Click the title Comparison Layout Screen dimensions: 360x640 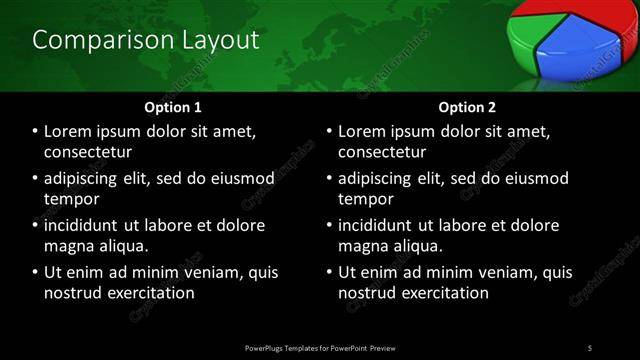pos(146,40)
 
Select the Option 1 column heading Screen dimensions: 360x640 pos(173,106)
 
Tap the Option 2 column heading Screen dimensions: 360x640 pos(467,106)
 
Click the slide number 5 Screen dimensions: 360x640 pos(590,347)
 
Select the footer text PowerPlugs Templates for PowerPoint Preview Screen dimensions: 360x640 pos(320,347)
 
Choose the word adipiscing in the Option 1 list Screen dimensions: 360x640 pos(87,179)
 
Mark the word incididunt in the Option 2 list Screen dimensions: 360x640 pos(382,225)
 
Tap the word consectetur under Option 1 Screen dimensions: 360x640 pos(89,153)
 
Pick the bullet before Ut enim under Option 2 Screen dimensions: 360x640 pos(330,272)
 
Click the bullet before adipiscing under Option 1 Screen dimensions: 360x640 pos(36,179)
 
